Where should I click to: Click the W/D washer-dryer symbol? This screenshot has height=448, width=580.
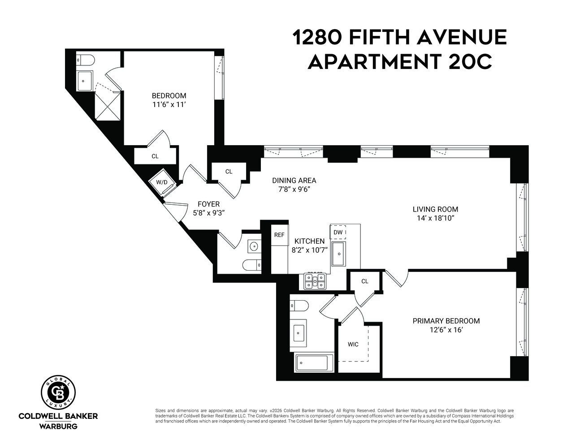[x=161, y=182]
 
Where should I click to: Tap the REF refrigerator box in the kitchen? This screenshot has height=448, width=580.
[x=279, y=235]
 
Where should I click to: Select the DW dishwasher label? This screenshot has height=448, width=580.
[x=338, y=232]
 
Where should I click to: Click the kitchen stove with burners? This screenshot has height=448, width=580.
[x=315, y=281]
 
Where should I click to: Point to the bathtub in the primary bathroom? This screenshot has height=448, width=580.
[x=314, y=362]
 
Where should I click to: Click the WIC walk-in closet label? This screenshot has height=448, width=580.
[x=353, y=345]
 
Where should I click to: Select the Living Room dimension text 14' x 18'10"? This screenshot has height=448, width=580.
[x=435, y=219]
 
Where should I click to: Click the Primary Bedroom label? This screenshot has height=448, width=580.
[x=446, y=321]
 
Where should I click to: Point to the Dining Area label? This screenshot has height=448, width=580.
[x=294, y=181]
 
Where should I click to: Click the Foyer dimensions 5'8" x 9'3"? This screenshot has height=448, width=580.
[x=208, y=213]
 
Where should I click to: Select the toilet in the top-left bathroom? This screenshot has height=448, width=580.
[x=85, y=60]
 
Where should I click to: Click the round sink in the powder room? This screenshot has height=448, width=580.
[x=254, y=246]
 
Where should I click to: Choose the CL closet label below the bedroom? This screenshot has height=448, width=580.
[x=155, y=156]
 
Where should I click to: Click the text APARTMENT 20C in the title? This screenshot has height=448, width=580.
[x=399, y=62]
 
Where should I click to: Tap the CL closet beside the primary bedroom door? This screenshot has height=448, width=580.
[x=364, y=281]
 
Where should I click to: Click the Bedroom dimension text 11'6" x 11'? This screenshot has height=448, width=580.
[x=169, y=104]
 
